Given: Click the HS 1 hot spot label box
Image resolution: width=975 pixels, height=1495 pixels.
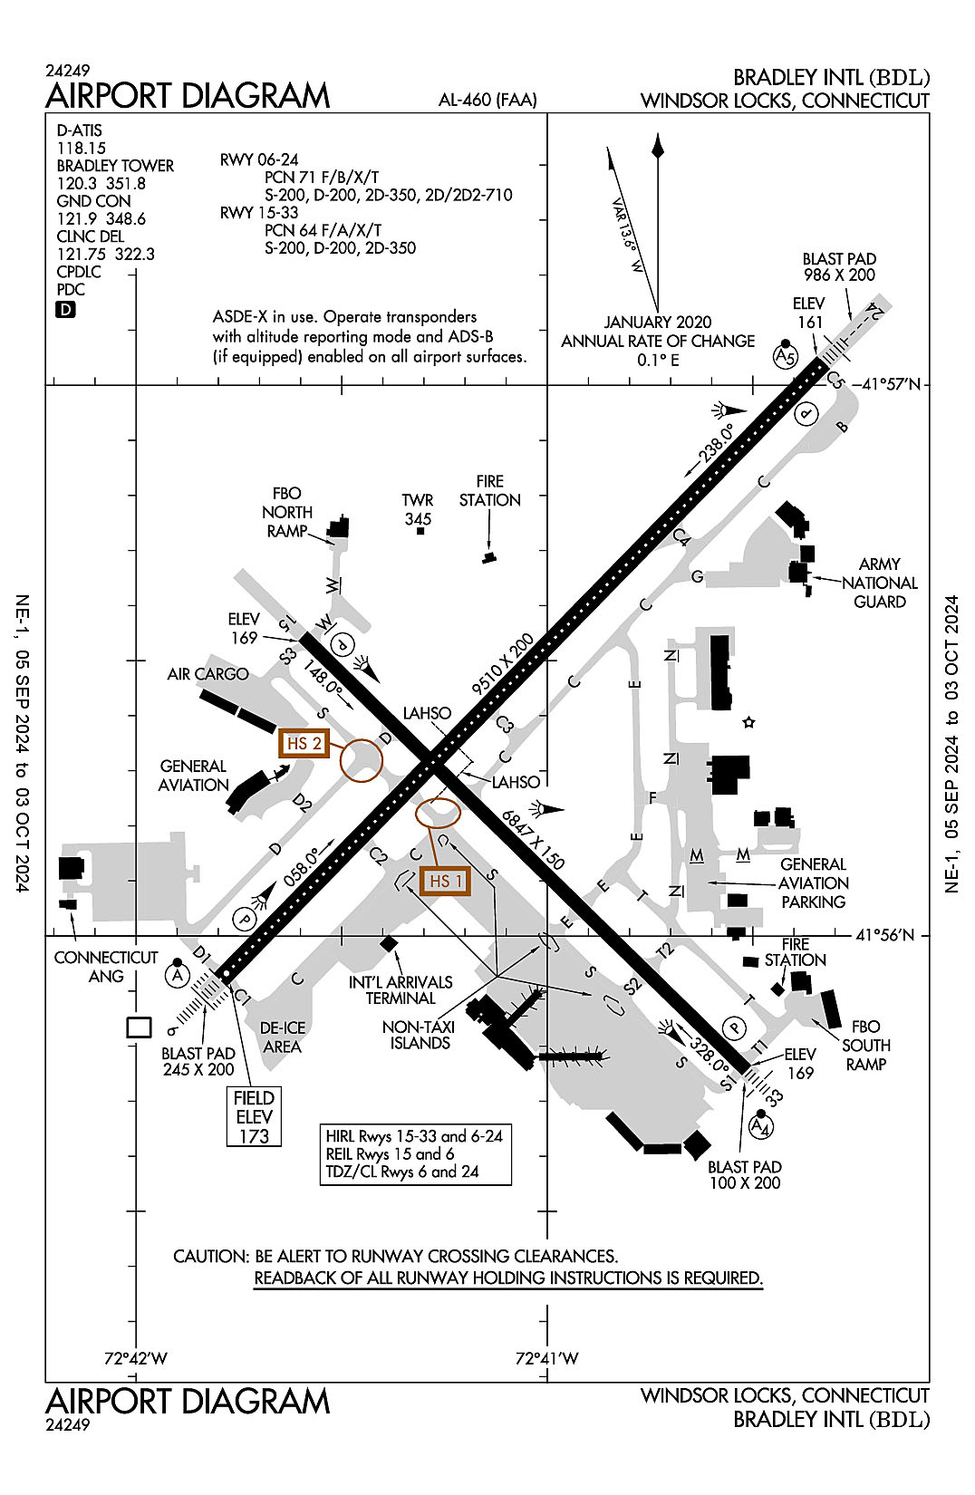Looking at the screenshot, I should click(x=445, y=881).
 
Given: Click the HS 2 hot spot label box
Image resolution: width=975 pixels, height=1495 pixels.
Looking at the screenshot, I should click(x=304, y=744).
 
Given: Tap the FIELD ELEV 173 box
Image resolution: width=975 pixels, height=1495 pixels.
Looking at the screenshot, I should click(x=254, y=1116).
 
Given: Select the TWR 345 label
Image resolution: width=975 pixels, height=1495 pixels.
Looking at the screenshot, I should click(x=418, y=509).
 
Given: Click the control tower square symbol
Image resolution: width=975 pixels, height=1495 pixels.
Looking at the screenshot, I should click(x=420, y=531).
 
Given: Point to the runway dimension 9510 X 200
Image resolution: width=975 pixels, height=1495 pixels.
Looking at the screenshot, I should click(x=503, y=665).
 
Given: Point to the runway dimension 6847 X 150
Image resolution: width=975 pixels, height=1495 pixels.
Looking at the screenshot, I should click(x=534, y=839).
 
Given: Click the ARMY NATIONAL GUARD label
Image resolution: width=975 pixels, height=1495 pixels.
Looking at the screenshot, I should click(x=879, y=583).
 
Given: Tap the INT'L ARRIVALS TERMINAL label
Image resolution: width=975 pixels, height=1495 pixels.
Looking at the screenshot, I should click(x=401, y=990).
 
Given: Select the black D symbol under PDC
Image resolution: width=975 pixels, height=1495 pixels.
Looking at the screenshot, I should click(x=66, y=310).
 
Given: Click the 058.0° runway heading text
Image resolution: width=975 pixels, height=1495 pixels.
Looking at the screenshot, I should click(x=303, y=868).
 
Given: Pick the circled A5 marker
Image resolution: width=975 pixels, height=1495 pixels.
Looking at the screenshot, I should click(x=785, y=357).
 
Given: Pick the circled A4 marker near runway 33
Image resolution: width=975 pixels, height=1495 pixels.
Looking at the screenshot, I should click(x=761, y=1126).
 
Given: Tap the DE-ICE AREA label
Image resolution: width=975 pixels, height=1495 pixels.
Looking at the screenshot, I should click(x=283, y=1037).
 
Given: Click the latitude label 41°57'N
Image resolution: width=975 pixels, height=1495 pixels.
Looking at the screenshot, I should click(x=890, y=384).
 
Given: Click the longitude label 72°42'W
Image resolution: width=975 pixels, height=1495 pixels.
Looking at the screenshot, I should click(x=135, y=1358).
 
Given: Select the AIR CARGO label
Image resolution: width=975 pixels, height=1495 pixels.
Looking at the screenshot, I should click(x=208, y=674).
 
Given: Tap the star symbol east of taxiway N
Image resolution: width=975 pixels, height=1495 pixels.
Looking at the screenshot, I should click(x=748, y=722).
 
